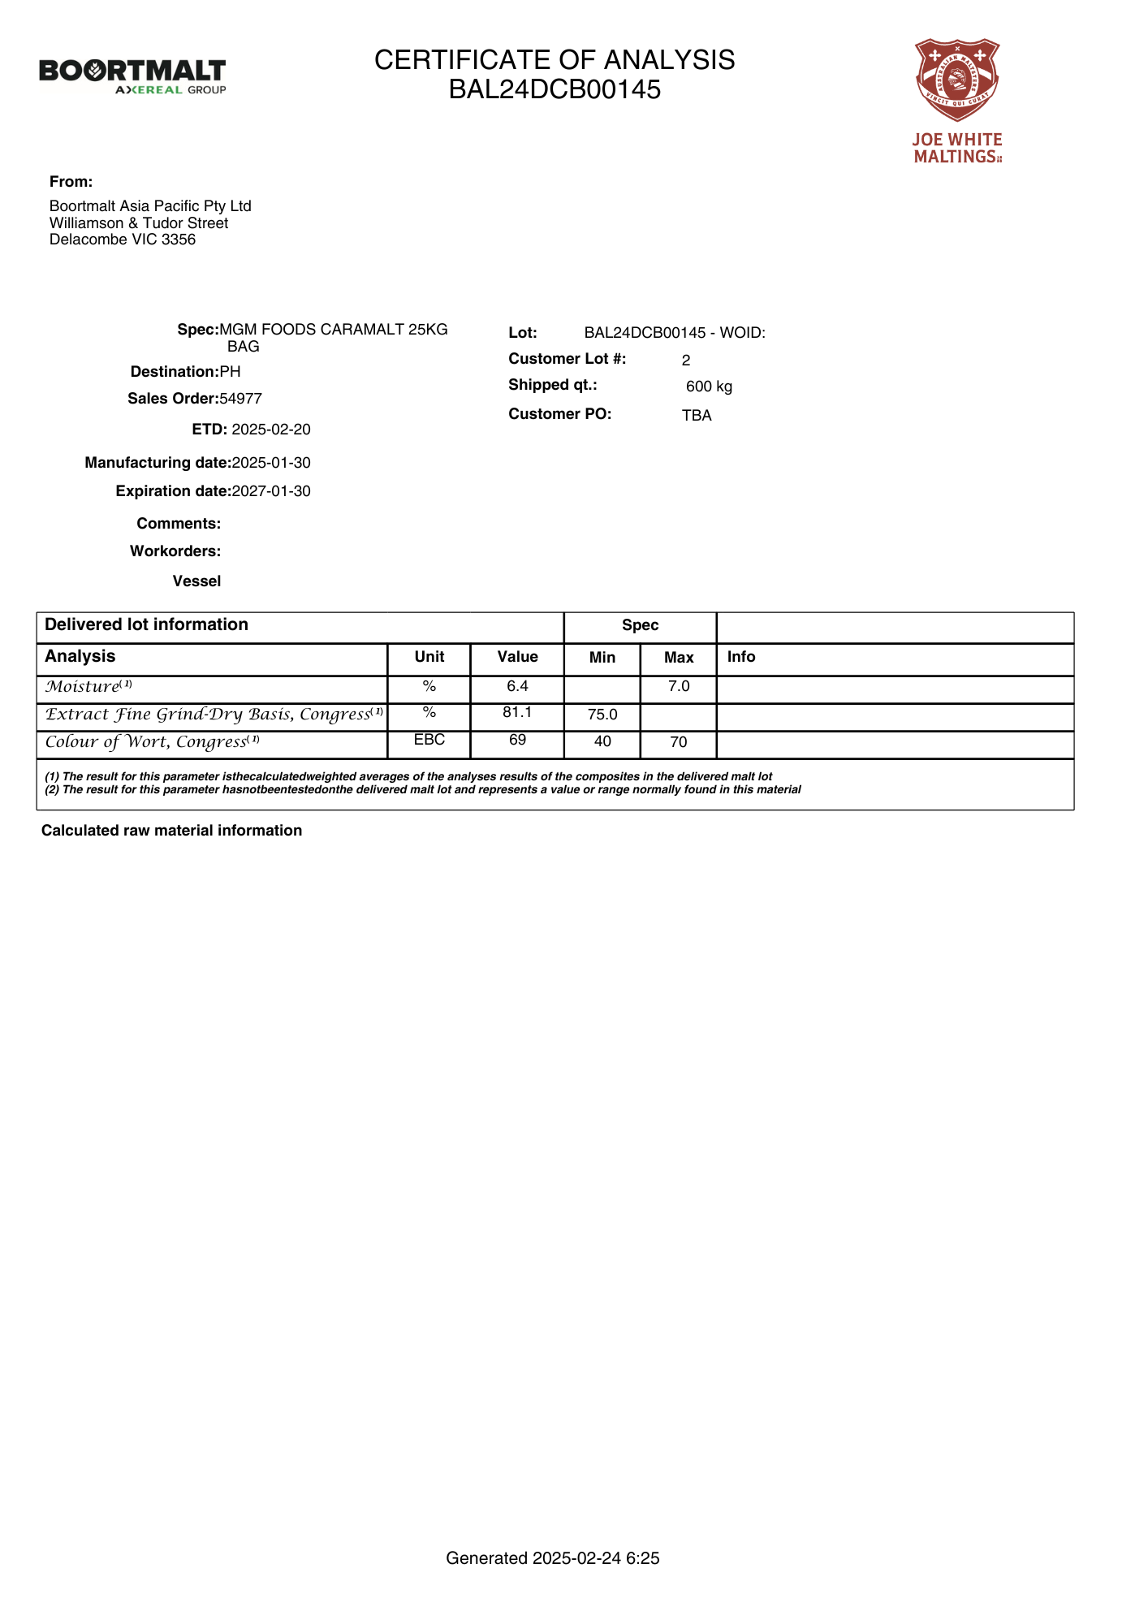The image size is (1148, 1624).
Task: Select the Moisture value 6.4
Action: pos(517,687)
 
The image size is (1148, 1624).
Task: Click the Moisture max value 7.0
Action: pos(679,687)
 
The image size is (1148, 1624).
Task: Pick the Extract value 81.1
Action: pos(517,713)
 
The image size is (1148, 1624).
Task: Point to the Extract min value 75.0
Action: pos(602,715)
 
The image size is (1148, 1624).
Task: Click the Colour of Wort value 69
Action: pos(517,741)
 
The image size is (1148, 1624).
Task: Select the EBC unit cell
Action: pos(429,741)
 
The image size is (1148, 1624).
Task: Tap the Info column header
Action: pos(741,657)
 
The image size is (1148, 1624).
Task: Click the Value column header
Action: pos(517,657)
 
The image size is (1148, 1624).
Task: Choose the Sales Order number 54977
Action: pos(241,399)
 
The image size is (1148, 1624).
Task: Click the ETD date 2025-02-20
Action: pos(271,430)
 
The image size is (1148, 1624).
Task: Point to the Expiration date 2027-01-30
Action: pos(271,491)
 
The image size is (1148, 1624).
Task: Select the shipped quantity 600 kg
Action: pos(709,387)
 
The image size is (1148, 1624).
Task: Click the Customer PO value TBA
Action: pos(697,416)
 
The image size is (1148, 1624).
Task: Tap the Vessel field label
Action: pos(196,581)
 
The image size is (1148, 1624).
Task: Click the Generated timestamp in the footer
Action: pos(552,1558)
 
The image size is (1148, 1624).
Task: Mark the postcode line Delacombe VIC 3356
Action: pos(123,240)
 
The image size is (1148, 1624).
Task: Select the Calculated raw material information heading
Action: pos(171,831)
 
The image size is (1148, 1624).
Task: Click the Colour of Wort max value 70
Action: pos(679,742)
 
